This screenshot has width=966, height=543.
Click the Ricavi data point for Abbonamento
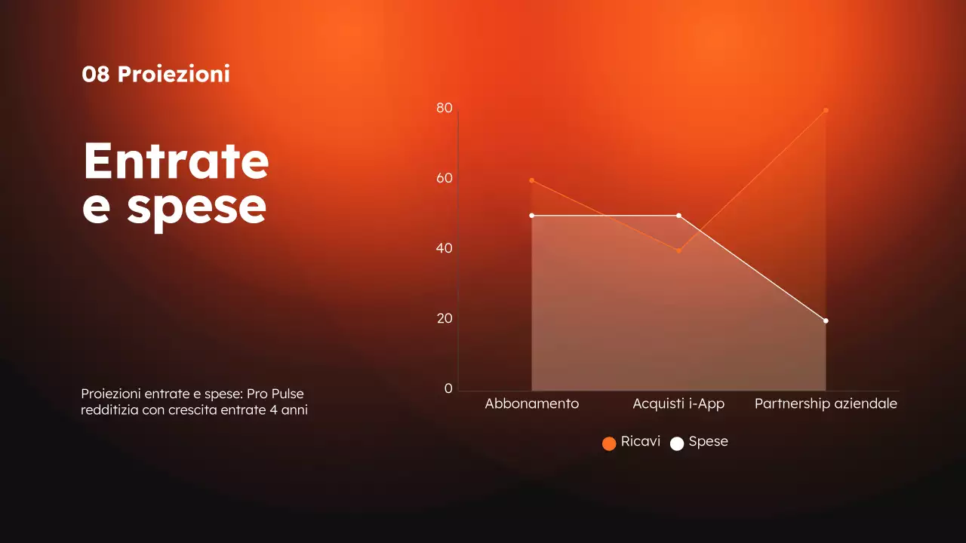532,180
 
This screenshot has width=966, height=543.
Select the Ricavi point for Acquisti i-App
678,250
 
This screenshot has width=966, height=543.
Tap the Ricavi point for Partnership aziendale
826,110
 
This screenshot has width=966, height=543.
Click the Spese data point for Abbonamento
532,216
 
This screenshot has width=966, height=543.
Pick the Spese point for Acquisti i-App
678,216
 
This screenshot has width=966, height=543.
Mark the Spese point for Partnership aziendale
826,321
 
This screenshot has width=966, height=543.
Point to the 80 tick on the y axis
445,109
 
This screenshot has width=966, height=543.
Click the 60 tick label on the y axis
445,179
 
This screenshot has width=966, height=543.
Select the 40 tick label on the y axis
445,248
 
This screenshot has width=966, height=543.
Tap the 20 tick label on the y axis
445,318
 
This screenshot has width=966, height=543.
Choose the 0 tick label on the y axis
448,388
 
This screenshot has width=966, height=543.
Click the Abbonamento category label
532,404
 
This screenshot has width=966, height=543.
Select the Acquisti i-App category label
678,404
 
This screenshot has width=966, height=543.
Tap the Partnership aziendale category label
826,404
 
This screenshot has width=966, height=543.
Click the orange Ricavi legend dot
609,443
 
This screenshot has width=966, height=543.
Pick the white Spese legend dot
677,443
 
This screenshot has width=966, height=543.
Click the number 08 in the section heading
96,75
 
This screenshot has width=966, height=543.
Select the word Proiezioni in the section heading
174,75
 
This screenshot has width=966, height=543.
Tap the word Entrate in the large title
176,161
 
